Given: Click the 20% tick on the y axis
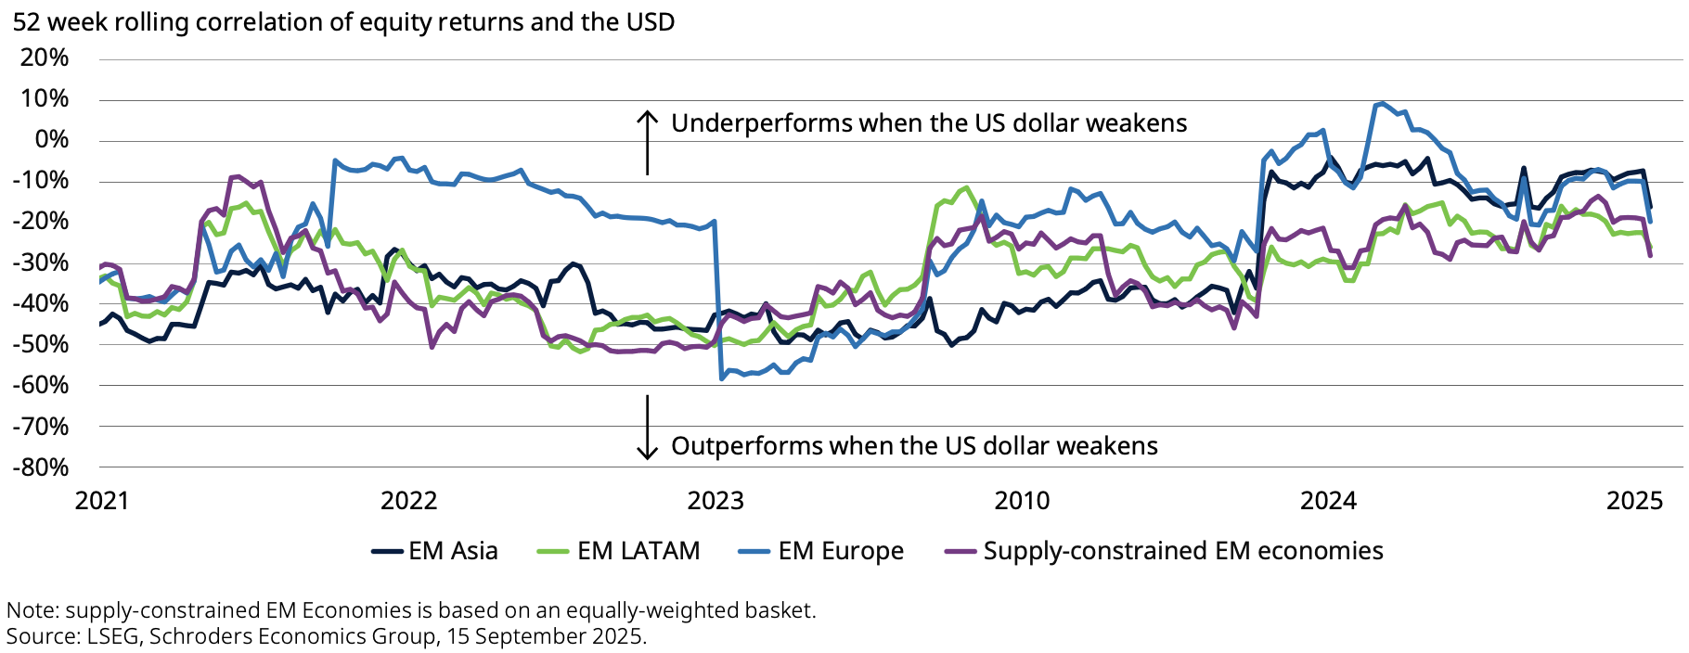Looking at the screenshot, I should (x=45, y=58).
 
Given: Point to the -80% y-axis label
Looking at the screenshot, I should (x=41, y=467).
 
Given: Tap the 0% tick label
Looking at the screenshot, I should (x=51, y=140).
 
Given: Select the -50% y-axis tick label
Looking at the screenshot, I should (x=41, y=344).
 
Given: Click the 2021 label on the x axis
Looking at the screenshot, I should (x=102, y=501).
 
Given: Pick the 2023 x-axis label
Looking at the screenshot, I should (x=716, y=501).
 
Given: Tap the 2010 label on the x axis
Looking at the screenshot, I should (x=1022, y=501).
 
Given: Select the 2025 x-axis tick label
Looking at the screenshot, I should (x=1634, y=501).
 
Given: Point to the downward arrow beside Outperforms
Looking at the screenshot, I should (x=647, y=428).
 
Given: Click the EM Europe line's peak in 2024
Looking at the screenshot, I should (x=1382, y=103).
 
